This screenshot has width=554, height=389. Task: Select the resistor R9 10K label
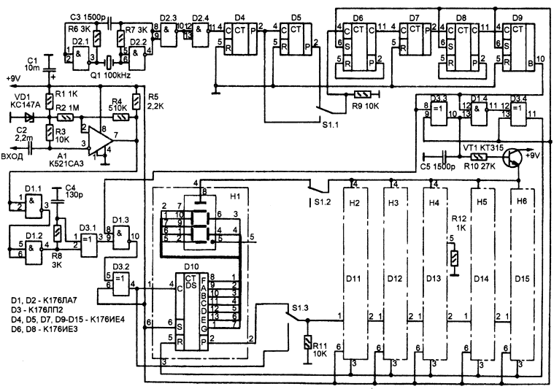364,104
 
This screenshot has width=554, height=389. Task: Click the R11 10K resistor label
320,348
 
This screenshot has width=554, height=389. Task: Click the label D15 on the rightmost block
521,277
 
